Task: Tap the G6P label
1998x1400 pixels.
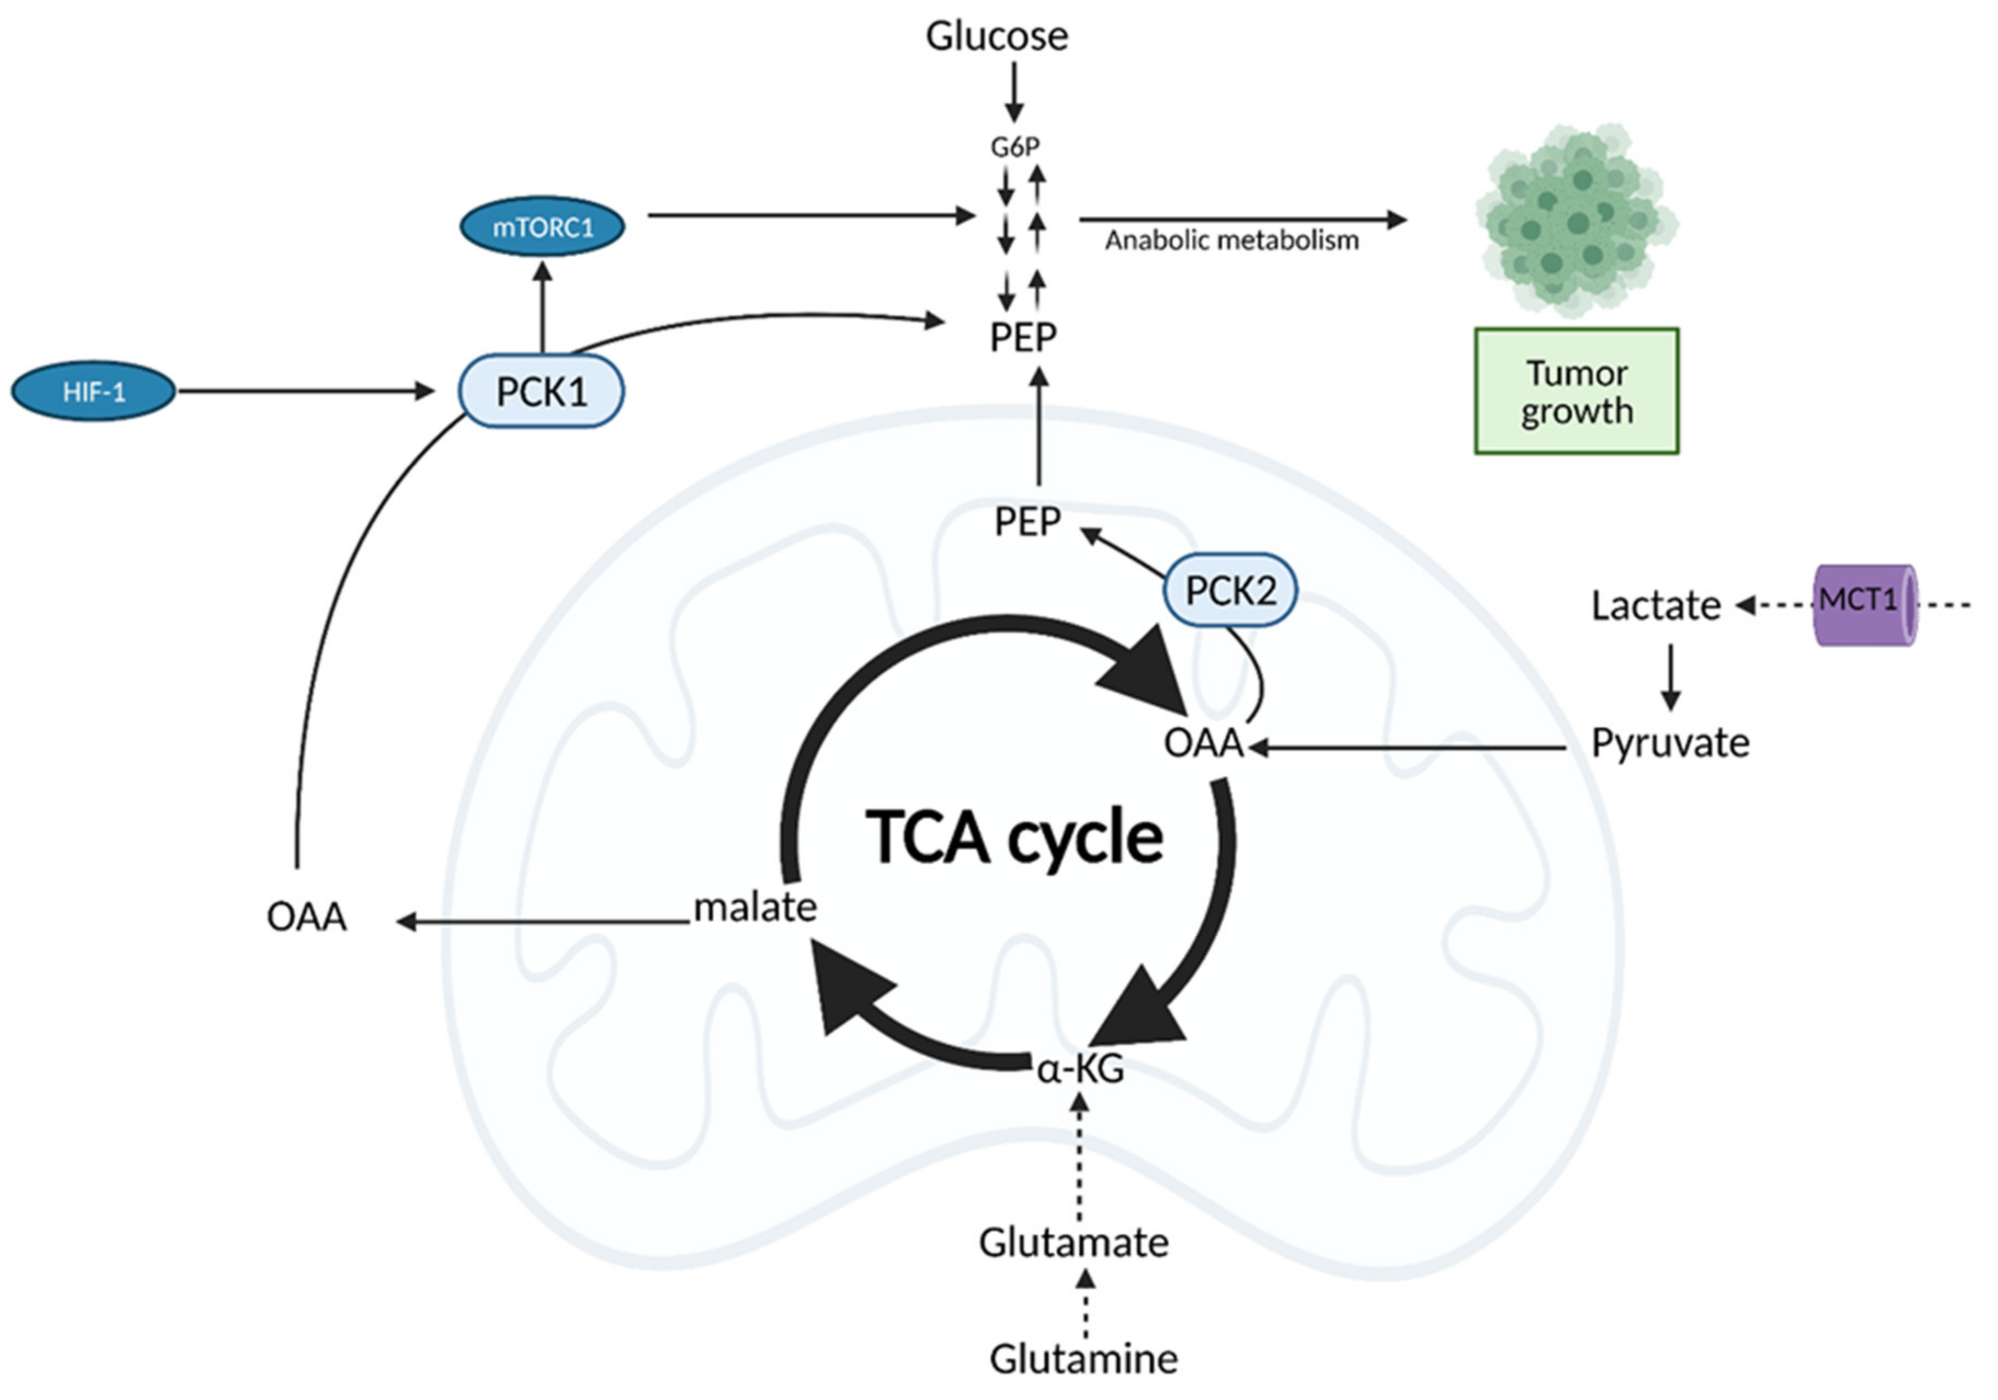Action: coord(1015,147)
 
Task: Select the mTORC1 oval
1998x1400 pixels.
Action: coord(542,226)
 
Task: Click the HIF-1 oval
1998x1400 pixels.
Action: coord(93,392)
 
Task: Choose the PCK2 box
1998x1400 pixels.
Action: coord(1230,591)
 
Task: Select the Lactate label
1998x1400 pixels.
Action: coord(1655,605)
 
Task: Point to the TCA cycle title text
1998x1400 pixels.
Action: coord(1014,837)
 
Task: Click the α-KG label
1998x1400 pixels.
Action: coord(1080,1068)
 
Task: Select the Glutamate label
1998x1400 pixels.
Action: coord(1073,1243)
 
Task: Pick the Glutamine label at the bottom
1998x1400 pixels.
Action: coord(1083,1358)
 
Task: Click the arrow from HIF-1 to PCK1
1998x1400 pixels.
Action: coord(304,392)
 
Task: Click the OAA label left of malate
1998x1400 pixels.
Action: coord(306,917)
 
